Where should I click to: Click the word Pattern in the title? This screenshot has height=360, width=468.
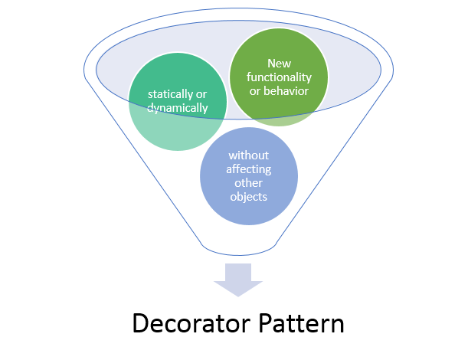(x=301, y=323)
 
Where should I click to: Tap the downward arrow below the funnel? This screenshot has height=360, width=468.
(x=238, y=280)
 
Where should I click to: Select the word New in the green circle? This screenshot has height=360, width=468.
(x=279, y=64)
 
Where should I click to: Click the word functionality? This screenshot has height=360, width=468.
(x=279, y=77)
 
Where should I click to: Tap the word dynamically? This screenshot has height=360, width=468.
(x=177, y=108)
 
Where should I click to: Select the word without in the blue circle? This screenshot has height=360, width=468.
(x=249, y=155)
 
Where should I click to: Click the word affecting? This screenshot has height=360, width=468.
(x=249, y=169)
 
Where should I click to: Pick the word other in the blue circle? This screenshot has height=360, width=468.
(x=249, y=183)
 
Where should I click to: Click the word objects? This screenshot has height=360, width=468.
(x=249, y=197)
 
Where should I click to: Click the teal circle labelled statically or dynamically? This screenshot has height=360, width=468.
(x=178, y=102)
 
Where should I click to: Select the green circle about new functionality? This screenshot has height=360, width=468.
(x=279, y=77)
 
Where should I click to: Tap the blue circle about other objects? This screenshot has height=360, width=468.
(x=249, y=176)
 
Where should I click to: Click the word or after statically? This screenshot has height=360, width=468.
(x=201, y=95)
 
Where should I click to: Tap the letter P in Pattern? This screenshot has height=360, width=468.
(x=265, y=323)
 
